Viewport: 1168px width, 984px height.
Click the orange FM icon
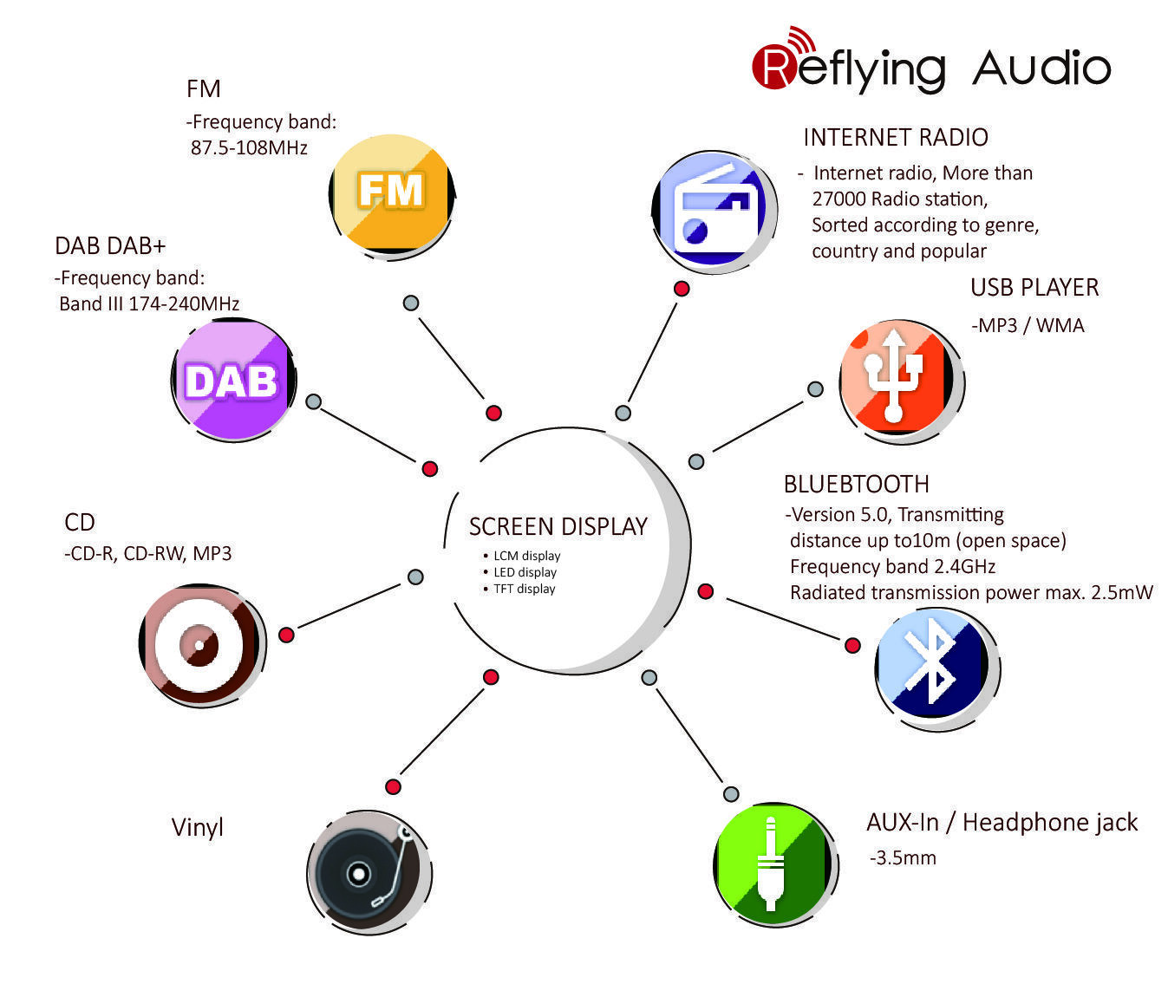point(391,192)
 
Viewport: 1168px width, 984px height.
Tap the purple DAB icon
point(232,380)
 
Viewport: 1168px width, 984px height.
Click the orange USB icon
point(897,378)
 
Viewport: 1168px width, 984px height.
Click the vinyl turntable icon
point(367,870)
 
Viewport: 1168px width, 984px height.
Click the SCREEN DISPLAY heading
point(558,526)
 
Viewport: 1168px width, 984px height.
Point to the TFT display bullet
point(524,589)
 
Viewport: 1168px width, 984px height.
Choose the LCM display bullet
point(526,556)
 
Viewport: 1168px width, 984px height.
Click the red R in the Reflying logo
point(774,68)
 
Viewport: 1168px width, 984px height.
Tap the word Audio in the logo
point(1041,68)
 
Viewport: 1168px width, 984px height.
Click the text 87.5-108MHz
point(249,147)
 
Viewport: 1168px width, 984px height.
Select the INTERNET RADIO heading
point(895,137)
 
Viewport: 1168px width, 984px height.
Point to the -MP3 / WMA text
point(1028,325)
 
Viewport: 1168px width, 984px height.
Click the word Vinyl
point(198,827)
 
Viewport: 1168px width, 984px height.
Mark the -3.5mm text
point(903,858)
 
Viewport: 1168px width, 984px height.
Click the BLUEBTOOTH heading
point(856,484)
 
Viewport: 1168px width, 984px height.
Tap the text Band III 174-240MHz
point(149,303)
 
